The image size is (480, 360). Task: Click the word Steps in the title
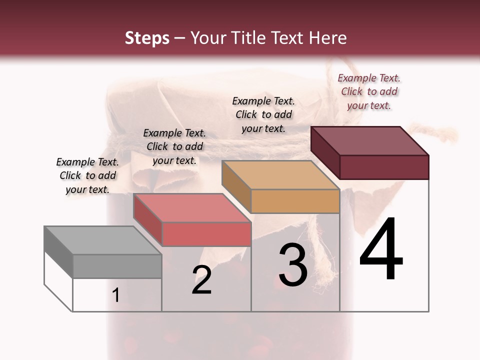pyautogui.click(x=147, y=38)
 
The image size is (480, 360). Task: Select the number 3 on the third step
pyautogui.click(x=293, y=265)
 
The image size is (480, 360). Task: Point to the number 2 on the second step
pyautogui.click(x=201, y=280)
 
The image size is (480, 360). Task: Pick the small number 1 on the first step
pyautogui.click(x=116, y=295)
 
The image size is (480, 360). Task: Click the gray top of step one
pyautogui.click(x=102, y=240)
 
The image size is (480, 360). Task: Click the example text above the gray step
pyautogui.click(x=87, y=175)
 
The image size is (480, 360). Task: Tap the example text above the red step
pyautogui.click(x=174, y=146)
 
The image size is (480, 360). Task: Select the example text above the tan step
pyautogui.click(x=263, y=114)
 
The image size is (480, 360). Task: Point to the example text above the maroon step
pyautogui.click(x=369, y=91)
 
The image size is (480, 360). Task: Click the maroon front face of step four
pyautogui.click(x=384, y=167)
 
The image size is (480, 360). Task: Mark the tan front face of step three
pyautogui.click(x=295, y=201)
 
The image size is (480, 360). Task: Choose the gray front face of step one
pyautogui.click(x=117, y=266)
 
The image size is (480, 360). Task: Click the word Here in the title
pyautogui.click(x=327, y=38)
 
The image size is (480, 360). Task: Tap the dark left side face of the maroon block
pyautogui.click(x=325, y=152)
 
